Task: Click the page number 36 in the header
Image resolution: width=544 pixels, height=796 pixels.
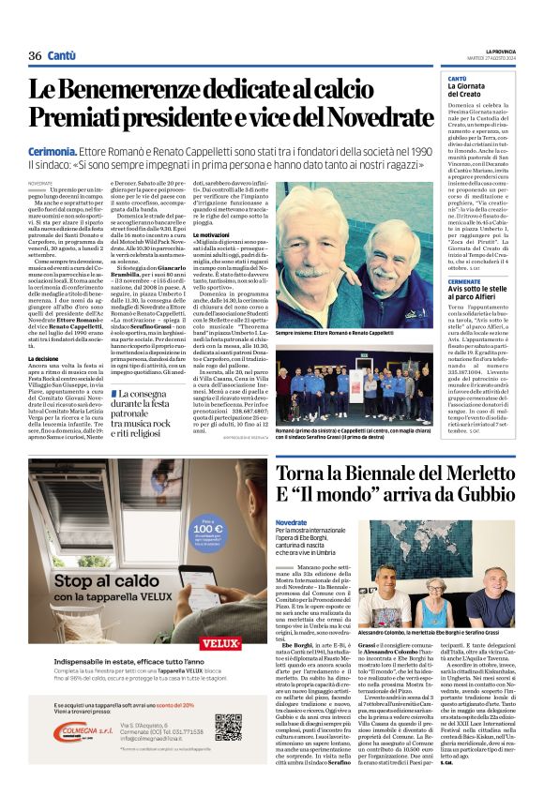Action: (36, 56)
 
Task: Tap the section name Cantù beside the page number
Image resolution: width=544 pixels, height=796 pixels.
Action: (62, 56)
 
